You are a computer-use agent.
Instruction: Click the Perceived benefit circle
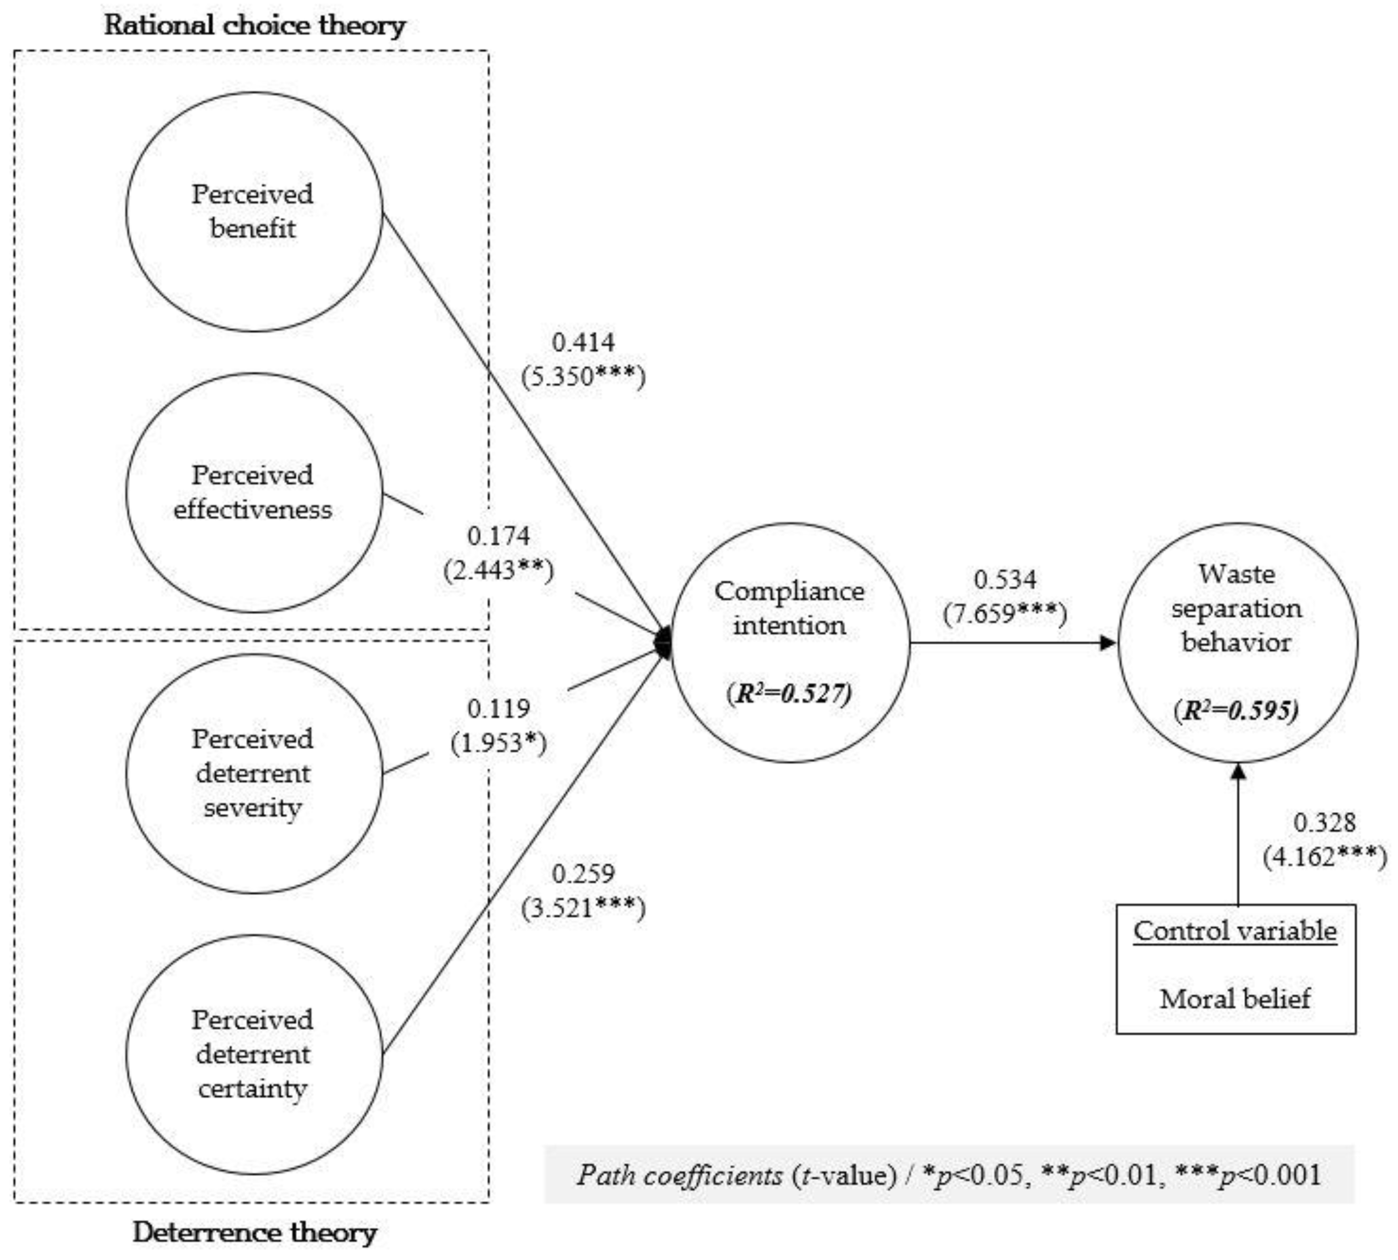coord(253,211)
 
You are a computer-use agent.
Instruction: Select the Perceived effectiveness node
coord(253,492)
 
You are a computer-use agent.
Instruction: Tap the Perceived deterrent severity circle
coord(253,773)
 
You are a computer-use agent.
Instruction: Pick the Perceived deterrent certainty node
coord(253,1054)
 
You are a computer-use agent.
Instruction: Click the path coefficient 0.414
coord(583,342)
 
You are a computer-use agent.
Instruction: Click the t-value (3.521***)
coord(583,908)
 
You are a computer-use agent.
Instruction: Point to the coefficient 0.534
coord(1005,579)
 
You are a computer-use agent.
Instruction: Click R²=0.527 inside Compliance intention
coord(789,693)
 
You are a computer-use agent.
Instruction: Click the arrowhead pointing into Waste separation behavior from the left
coord(1107,643)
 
